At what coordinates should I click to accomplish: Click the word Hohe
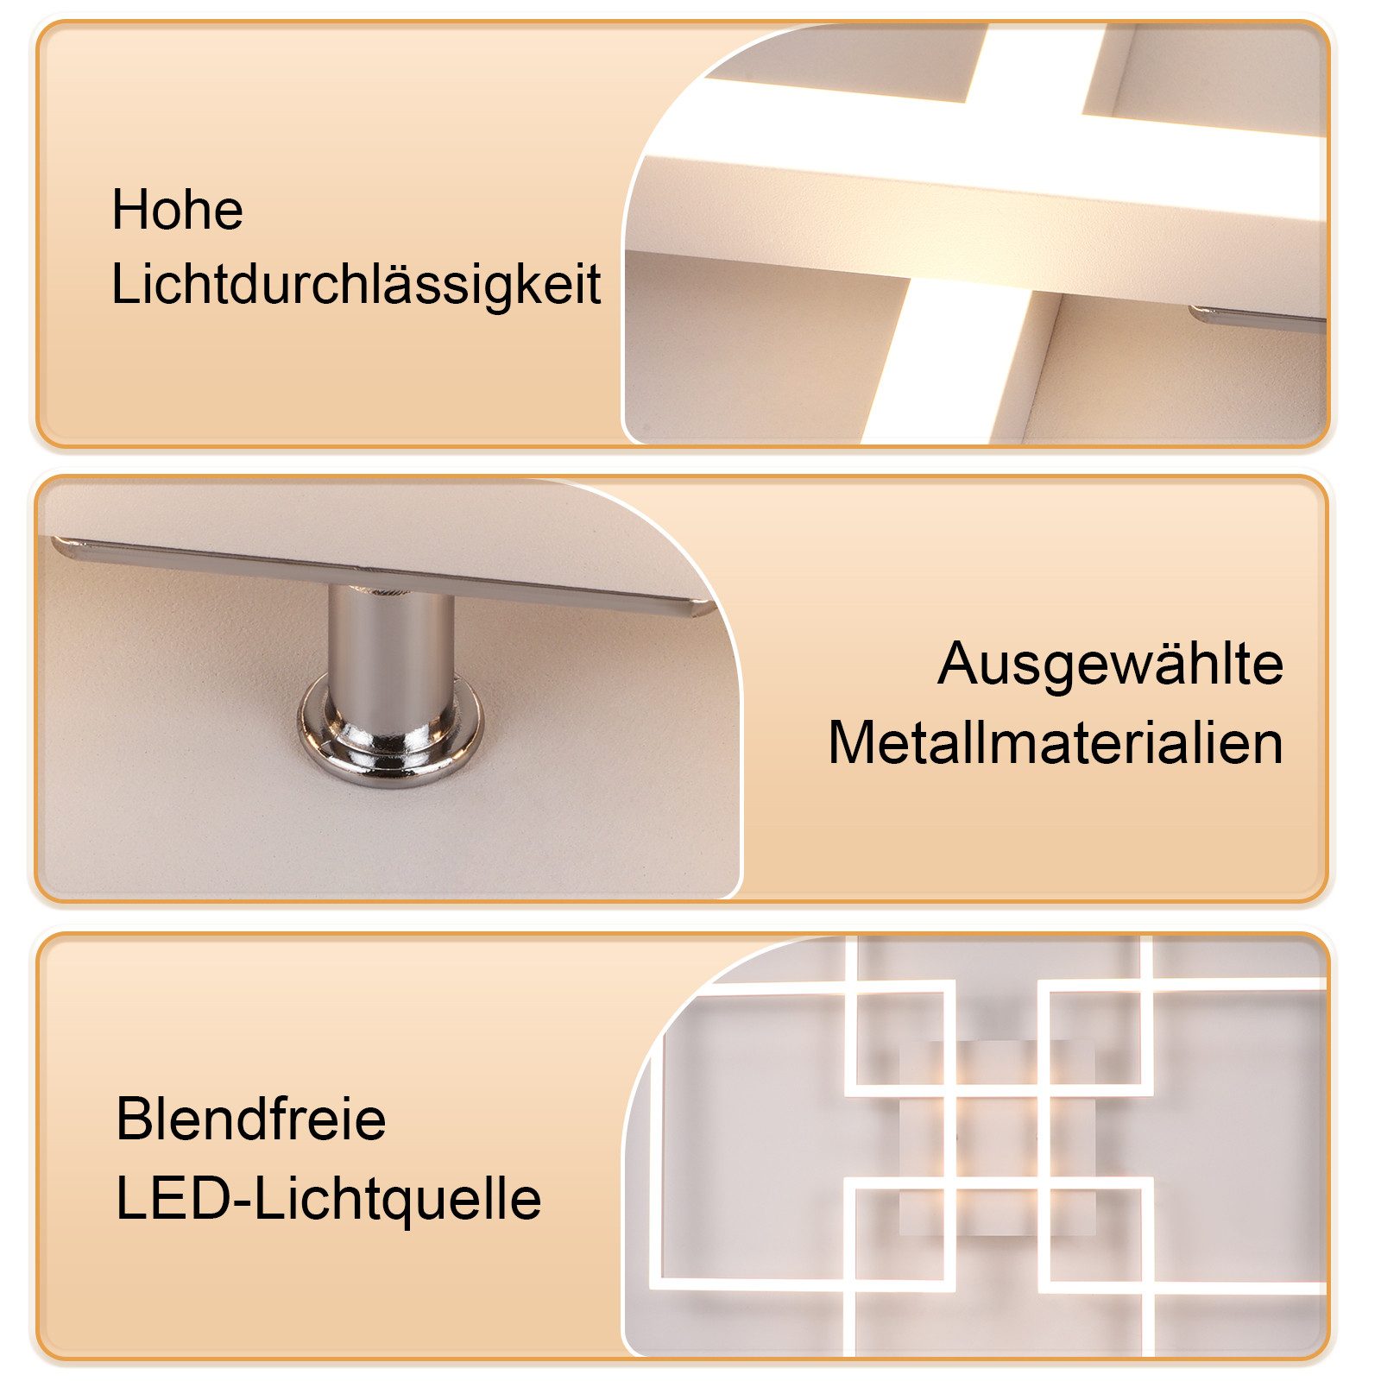[177, 210]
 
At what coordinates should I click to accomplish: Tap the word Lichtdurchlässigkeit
[356, 285]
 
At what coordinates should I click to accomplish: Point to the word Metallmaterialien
[1056, 742]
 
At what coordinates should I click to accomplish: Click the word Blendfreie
[250, 1119]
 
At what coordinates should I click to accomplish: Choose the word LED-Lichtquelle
[329, 1200]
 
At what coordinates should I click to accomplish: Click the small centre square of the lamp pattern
[997, 1137]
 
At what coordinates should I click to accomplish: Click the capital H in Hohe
[129, 210]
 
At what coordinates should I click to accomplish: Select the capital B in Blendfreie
[132, 1119]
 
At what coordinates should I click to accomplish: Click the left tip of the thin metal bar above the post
[54, 542]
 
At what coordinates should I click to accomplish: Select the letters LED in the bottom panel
[173, 1200]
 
